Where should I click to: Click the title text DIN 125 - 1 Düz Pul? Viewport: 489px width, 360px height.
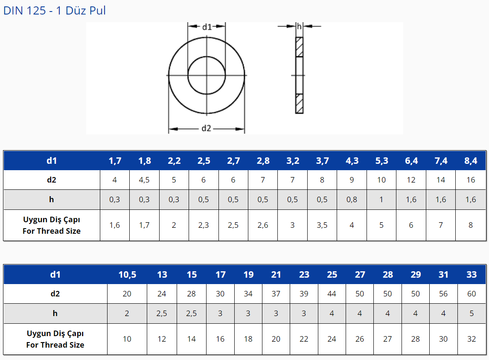[x=55, y=11]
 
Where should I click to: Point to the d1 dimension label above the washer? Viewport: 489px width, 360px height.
[x=207, y=27]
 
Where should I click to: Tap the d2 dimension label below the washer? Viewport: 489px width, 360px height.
[x=206, y=128]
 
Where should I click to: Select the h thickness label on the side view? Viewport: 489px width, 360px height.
[x=300, y=26]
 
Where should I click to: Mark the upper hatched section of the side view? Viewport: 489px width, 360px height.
[x=300, y=47]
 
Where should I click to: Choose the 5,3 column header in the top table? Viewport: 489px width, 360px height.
[x=381, y=161]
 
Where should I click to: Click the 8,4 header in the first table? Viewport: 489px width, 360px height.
[x=471, y=161]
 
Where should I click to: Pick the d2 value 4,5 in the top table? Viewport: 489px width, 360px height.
[x=144, y=180]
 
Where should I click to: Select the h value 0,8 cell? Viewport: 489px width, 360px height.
[x=352, y=200]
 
